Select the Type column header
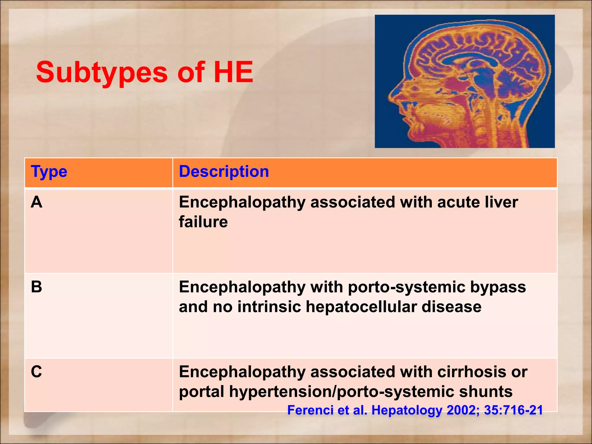coord(49,171)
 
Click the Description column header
coord(224,171)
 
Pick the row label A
coord(37,202)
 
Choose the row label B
coord(37,287)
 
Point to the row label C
coord(37,371)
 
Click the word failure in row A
coord(203,222)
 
